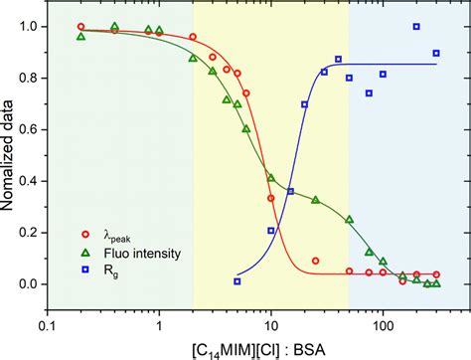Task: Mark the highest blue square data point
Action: coord(416,27)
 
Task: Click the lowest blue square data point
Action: coord(237,281)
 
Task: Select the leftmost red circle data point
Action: coord(81,27)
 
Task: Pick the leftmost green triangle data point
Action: coord(81,37)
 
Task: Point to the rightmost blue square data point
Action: coord(436,54)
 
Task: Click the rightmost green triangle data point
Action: coord(436,284)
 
